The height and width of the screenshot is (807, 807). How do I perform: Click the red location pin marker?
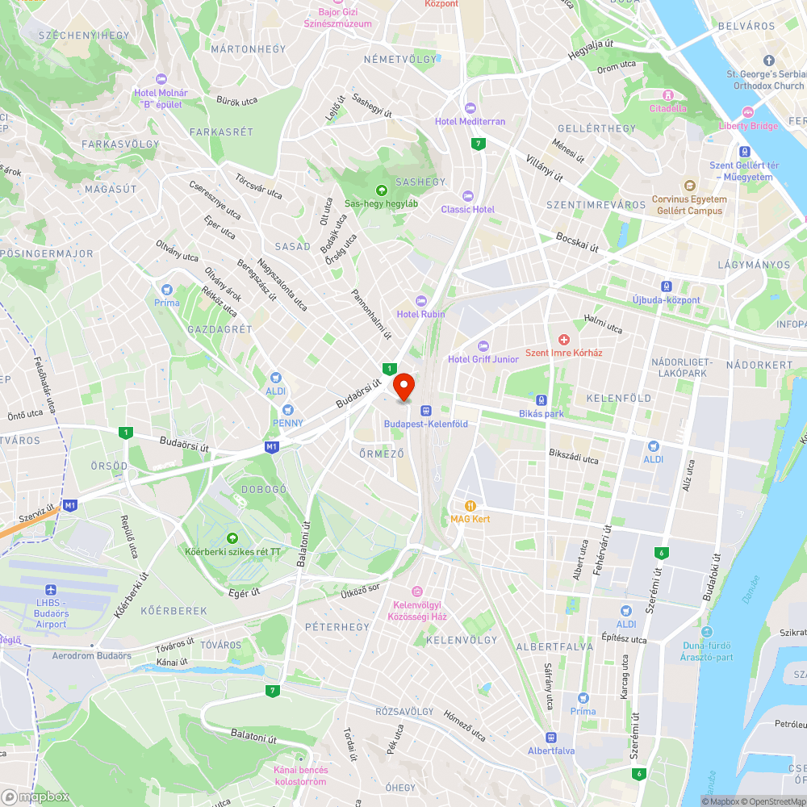[x=403, y=385]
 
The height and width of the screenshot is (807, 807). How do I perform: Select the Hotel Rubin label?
[x=420, y=314]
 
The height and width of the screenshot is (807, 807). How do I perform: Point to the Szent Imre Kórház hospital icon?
[x=564, y=339]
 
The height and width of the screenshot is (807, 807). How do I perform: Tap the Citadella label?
[x=668, y=108]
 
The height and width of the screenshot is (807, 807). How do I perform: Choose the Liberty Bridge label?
[x=748, y=125]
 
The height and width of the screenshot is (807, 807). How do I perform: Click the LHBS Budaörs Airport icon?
[x=51, y=589]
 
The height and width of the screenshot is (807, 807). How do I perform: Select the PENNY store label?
[x=288, y=423]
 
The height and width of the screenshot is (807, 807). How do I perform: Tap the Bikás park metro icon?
[x=541, y=400]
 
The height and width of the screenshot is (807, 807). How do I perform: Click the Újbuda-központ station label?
[x=666, y=300]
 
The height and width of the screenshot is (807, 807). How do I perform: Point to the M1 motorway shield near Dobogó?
[x=272, y=446]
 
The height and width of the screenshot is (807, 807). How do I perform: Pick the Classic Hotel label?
[x=467, y=209]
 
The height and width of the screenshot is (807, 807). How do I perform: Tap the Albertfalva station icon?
[x=551, y=737]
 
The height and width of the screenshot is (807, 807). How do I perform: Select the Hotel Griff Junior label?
[x=483, y=359]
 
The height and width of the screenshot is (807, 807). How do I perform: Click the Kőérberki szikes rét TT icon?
[x=232, y=538]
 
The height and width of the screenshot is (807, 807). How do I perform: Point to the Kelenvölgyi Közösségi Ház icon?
[x=416, y=592]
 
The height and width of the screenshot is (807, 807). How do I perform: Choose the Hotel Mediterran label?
[x=470, y=121]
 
